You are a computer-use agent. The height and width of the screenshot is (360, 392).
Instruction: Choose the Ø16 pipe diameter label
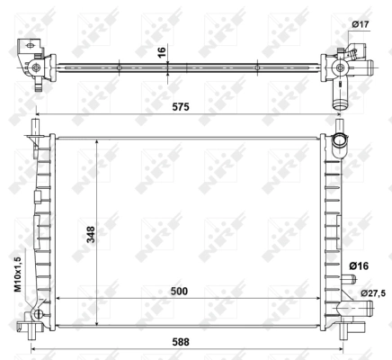click(x=358, y=266)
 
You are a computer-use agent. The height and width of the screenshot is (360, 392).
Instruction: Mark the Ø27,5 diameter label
click(x=372, y=293)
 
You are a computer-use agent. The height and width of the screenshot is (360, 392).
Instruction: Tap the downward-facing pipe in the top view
click(x=341, y=95)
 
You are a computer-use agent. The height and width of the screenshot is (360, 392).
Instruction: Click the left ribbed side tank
click(x=41, y=225)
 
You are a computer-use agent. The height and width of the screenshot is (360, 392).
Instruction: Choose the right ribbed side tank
click(x=329, y=225)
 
